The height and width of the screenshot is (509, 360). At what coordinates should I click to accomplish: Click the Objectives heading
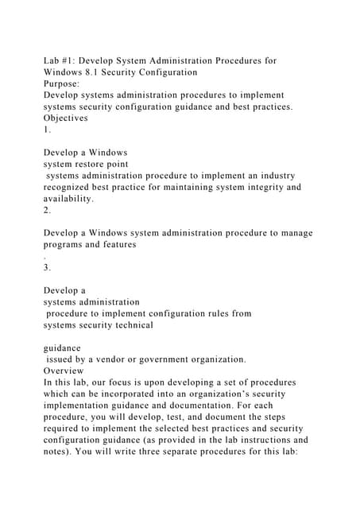[66, 118]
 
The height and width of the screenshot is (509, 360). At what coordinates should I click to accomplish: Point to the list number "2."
[48, 210]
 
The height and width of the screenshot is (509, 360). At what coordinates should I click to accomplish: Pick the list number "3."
[48, 267]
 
